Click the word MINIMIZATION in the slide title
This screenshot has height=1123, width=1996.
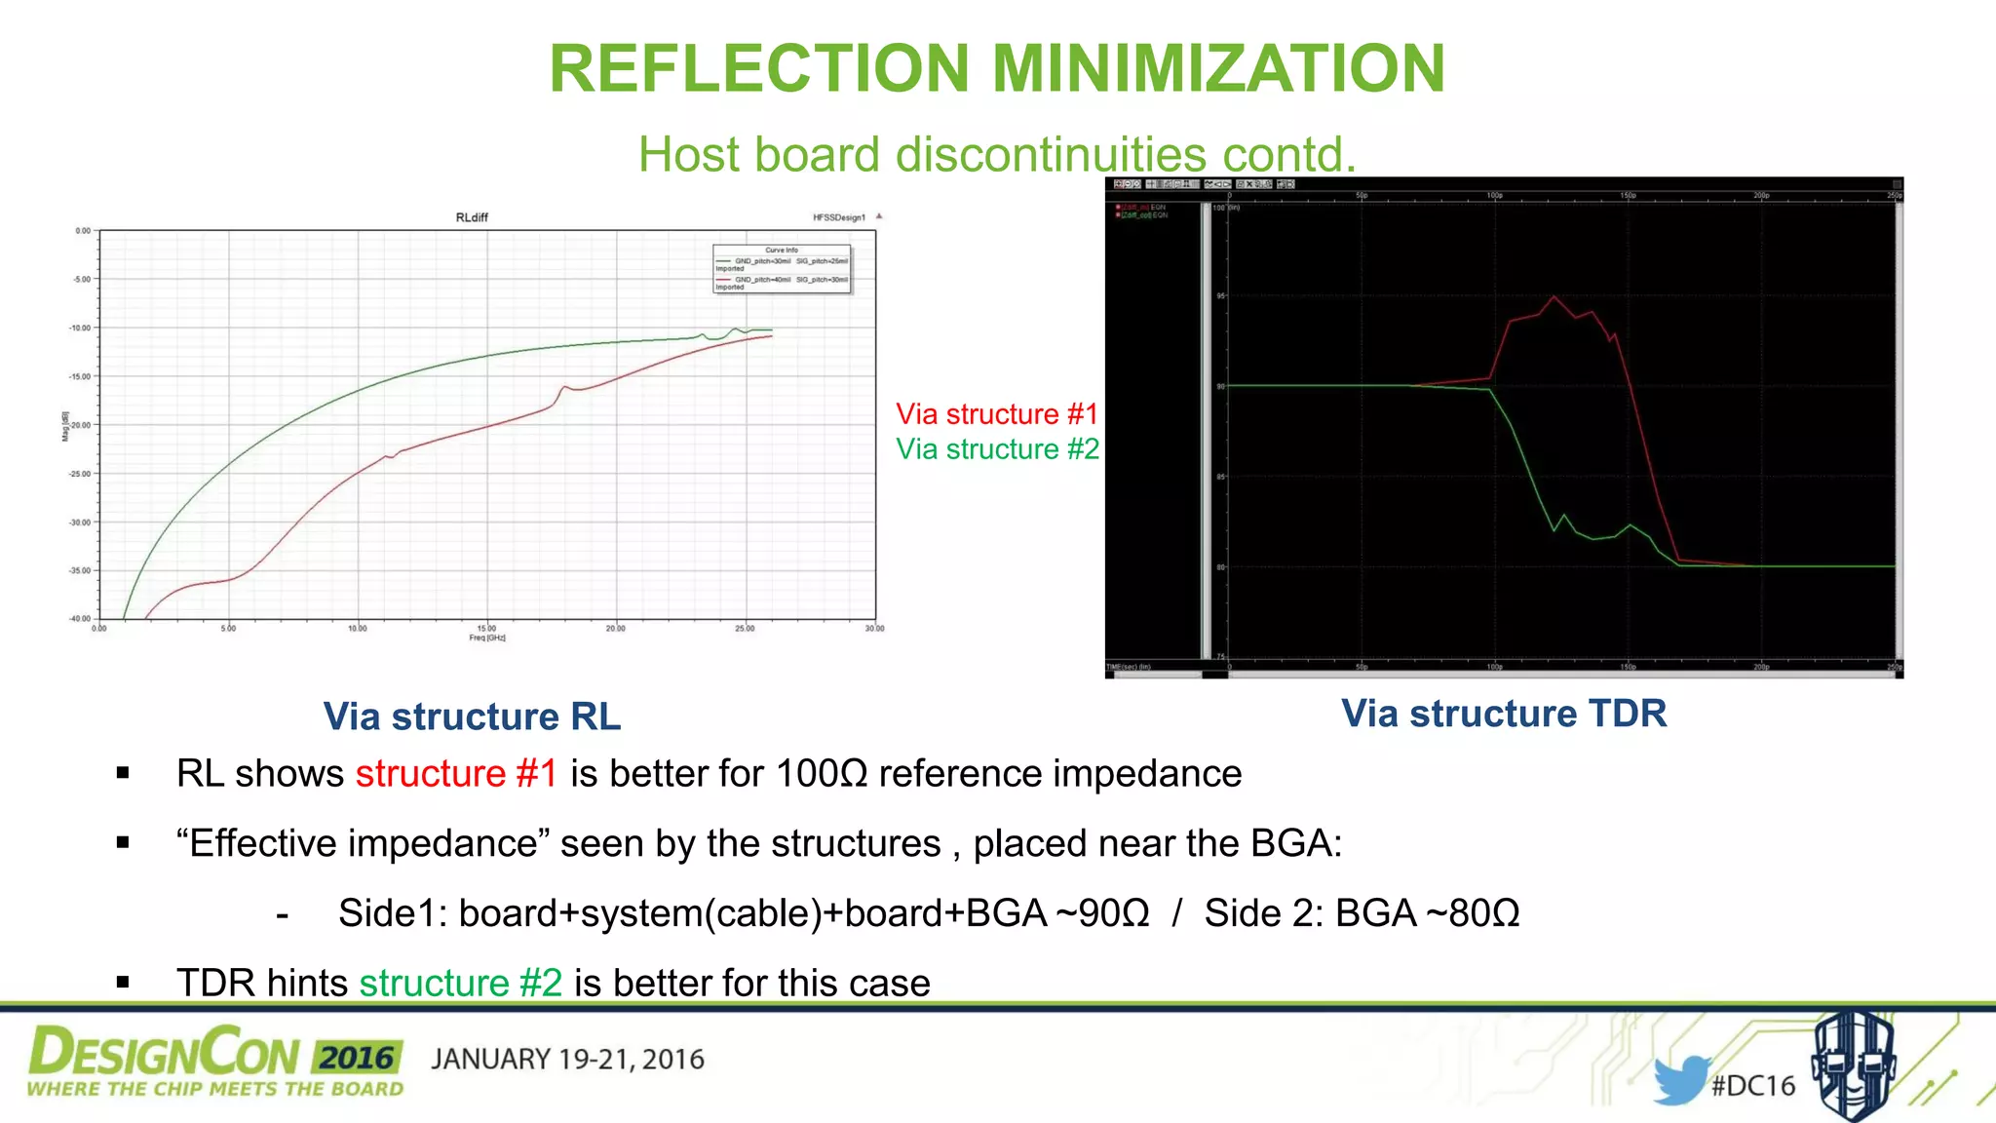[1218, 69]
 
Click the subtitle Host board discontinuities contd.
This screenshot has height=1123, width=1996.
[997, 155]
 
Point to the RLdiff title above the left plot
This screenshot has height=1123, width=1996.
[472, 217]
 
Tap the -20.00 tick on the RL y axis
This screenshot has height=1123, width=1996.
[80, 425]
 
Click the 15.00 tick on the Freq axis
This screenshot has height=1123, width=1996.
[486, 629]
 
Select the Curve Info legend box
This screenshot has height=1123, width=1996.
[782, 268]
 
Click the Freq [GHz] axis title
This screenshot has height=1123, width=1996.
[487, 639]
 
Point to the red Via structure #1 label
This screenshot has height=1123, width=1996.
[997, 414]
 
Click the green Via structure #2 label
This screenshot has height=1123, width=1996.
[997, 449]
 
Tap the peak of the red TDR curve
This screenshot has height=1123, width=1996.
[1554, 296]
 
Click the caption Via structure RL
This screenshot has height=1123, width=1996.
[472, 716]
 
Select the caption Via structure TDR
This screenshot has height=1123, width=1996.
[1504, 714]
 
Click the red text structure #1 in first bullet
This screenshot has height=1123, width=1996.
[456, 774]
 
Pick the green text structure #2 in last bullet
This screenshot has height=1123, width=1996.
[461, 983]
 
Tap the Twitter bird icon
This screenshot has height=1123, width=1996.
[1680, 1080]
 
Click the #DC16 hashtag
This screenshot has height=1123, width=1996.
[1753, 1086]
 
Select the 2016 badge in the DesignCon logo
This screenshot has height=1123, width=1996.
[357, 1058]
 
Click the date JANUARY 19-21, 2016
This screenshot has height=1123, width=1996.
[567, 1060]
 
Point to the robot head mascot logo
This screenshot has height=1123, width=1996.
[1854, 1065]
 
